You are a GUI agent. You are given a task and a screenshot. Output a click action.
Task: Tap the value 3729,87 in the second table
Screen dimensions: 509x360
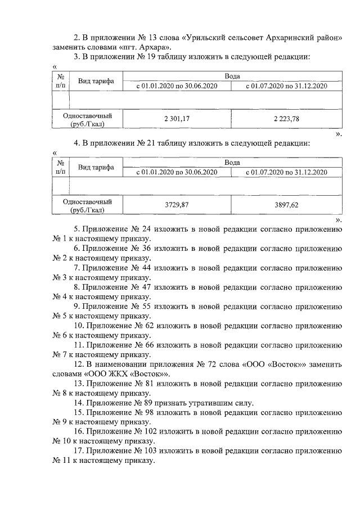coord(177,205)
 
